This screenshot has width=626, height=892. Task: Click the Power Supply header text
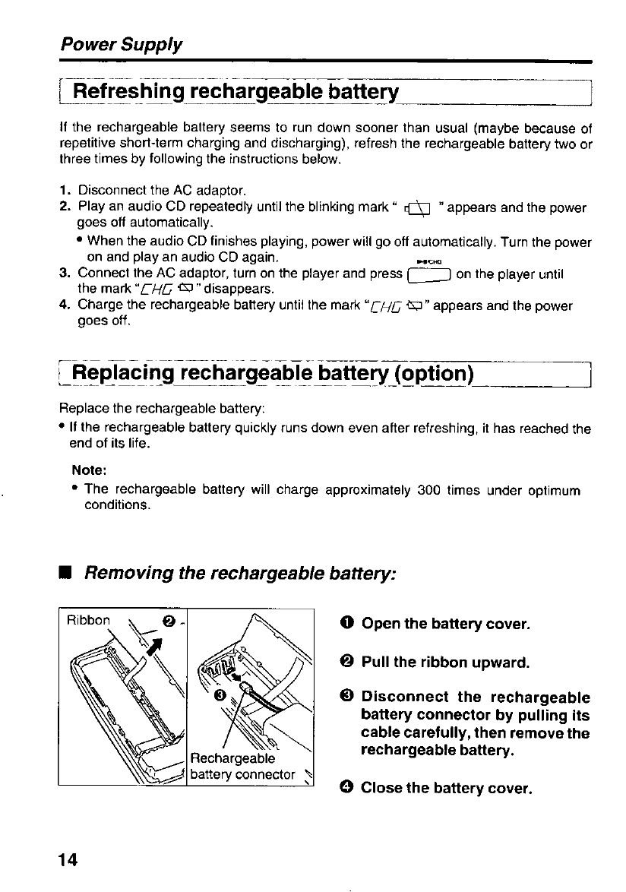(x=122, y=44)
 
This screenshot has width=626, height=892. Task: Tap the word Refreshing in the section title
(x=128, y=93)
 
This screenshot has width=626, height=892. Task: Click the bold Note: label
(x=87, y=470)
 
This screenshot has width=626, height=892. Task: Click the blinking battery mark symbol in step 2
(x=421, y=208)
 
